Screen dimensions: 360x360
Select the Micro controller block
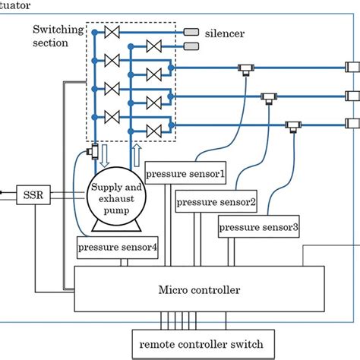click(x=200, y=289)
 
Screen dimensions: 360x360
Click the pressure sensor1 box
click(x=185, y=172)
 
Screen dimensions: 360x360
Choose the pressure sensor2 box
click(x=216, y=203)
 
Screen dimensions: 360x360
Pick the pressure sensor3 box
click(x=259, y=226)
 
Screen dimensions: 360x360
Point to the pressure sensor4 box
click(x=118, y=248)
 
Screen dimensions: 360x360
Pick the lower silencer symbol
click(x=191, y=47)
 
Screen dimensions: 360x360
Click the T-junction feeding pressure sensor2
click(x=269, y=96)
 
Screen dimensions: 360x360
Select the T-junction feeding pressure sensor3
click(x=292, y=125)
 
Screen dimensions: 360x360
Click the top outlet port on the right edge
click(x=352, y=67)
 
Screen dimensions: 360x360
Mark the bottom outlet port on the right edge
click(x=352, y=122)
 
